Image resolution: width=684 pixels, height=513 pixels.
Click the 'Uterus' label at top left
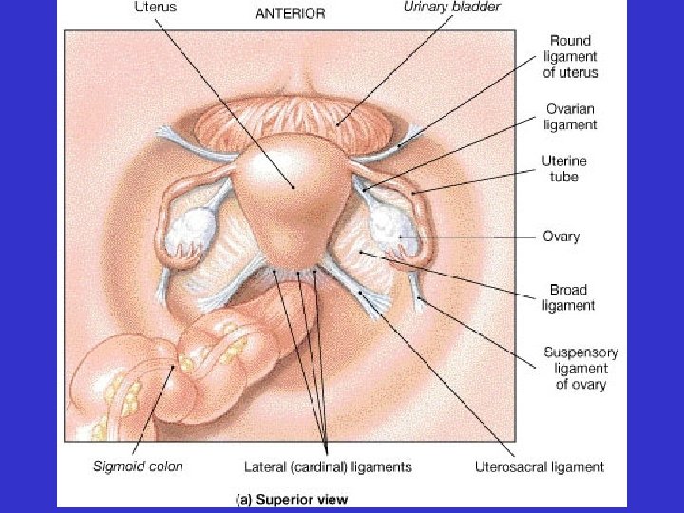coord(151,8)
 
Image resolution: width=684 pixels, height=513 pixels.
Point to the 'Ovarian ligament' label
coord(570,116)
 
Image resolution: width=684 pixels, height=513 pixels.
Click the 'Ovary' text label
coord(560,237)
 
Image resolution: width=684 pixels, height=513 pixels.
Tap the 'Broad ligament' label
coord(568,297)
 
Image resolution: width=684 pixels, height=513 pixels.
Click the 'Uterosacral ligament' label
coord(539,466)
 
